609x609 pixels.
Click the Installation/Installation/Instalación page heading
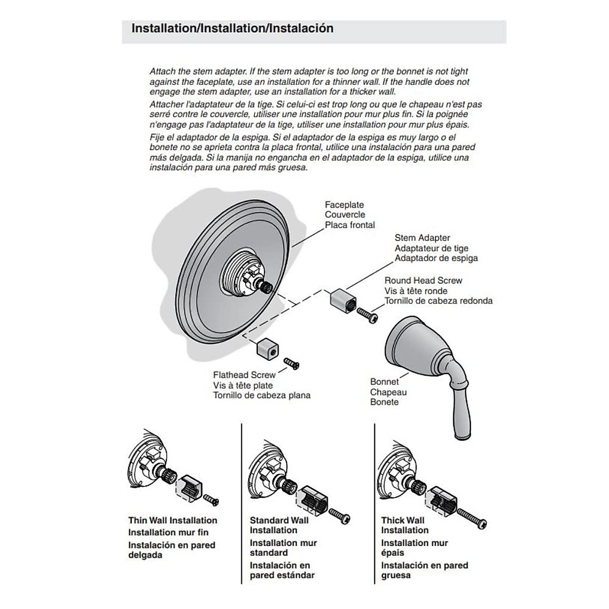pos(232,28)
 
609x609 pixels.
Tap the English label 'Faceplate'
pos(345,205)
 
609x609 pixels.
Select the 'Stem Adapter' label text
pos(422,238)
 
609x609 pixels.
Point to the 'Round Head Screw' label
pos(423,280)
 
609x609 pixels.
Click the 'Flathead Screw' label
pos(244,375)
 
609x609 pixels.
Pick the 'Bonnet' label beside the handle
pos(384,382)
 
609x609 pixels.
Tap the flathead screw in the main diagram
pos(291,363)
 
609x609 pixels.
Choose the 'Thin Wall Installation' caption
pos(173,520)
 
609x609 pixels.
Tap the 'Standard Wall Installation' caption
pos(279,525)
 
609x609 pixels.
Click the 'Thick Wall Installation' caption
pos(404,525)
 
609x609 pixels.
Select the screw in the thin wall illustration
pos(211,501)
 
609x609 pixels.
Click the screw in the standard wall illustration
pos(340,516)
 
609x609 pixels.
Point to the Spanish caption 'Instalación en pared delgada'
pos(172,550)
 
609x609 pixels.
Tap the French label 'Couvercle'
pos(345,215)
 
